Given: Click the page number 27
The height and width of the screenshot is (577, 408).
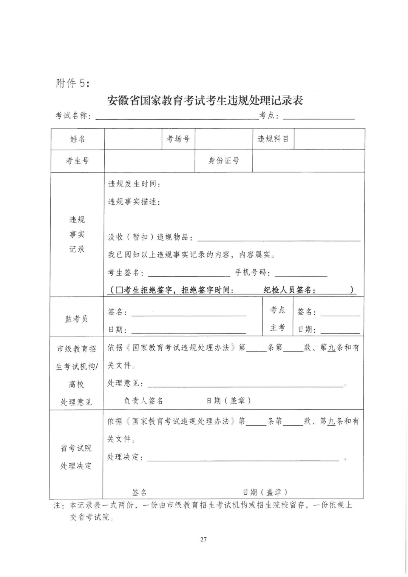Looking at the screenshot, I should (203, 539).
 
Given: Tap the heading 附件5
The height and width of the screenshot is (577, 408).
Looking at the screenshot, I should (73, 83).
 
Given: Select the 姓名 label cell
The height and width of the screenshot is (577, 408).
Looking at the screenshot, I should (77, 139).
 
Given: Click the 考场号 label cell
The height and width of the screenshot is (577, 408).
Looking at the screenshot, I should (178, 139).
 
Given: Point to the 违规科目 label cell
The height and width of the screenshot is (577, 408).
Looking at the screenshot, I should (273, 139).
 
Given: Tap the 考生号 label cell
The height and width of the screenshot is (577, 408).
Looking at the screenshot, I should (77, 161).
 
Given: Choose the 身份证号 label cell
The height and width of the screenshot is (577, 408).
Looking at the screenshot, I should (224, 161).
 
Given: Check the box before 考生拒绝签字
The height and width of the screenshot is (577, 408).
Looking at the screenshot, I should (119, 290).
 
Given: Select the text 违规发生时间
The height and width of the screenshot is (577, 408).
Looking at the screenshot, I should (134, 184).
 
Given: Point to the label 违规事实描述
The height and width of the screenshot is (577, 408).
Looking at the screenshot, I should (134, 202).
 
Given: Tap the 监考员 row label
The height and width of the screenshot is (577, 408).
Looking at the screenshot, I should (76, 319).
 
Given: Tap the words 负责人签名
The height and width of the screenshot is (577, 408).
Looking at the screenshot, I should (144, 401).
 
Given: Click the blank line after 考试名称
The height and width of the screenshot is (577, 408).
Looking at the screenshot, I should (177, 118).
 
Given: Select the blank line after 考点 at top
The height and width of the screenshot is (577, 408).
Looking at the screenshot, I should (319, 118).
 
